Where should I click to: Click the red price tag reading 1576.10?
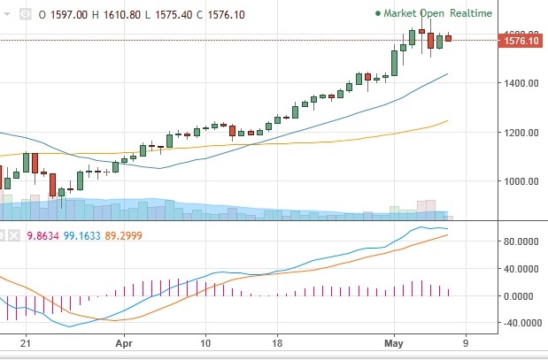(x=521, y=40)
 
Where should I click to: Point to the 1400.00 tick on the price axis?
(x=520, y=83)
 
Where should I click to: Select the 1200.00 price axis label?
(x=520, y=133)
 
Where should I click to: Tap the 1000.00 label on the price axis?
(x=520, y=181)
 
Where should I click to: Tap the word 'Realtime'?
(x=471, y=14)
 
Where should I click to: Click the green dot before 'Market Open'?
(x=378, y=14)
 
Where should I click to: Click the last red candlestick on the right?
(x=448, y=38)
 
